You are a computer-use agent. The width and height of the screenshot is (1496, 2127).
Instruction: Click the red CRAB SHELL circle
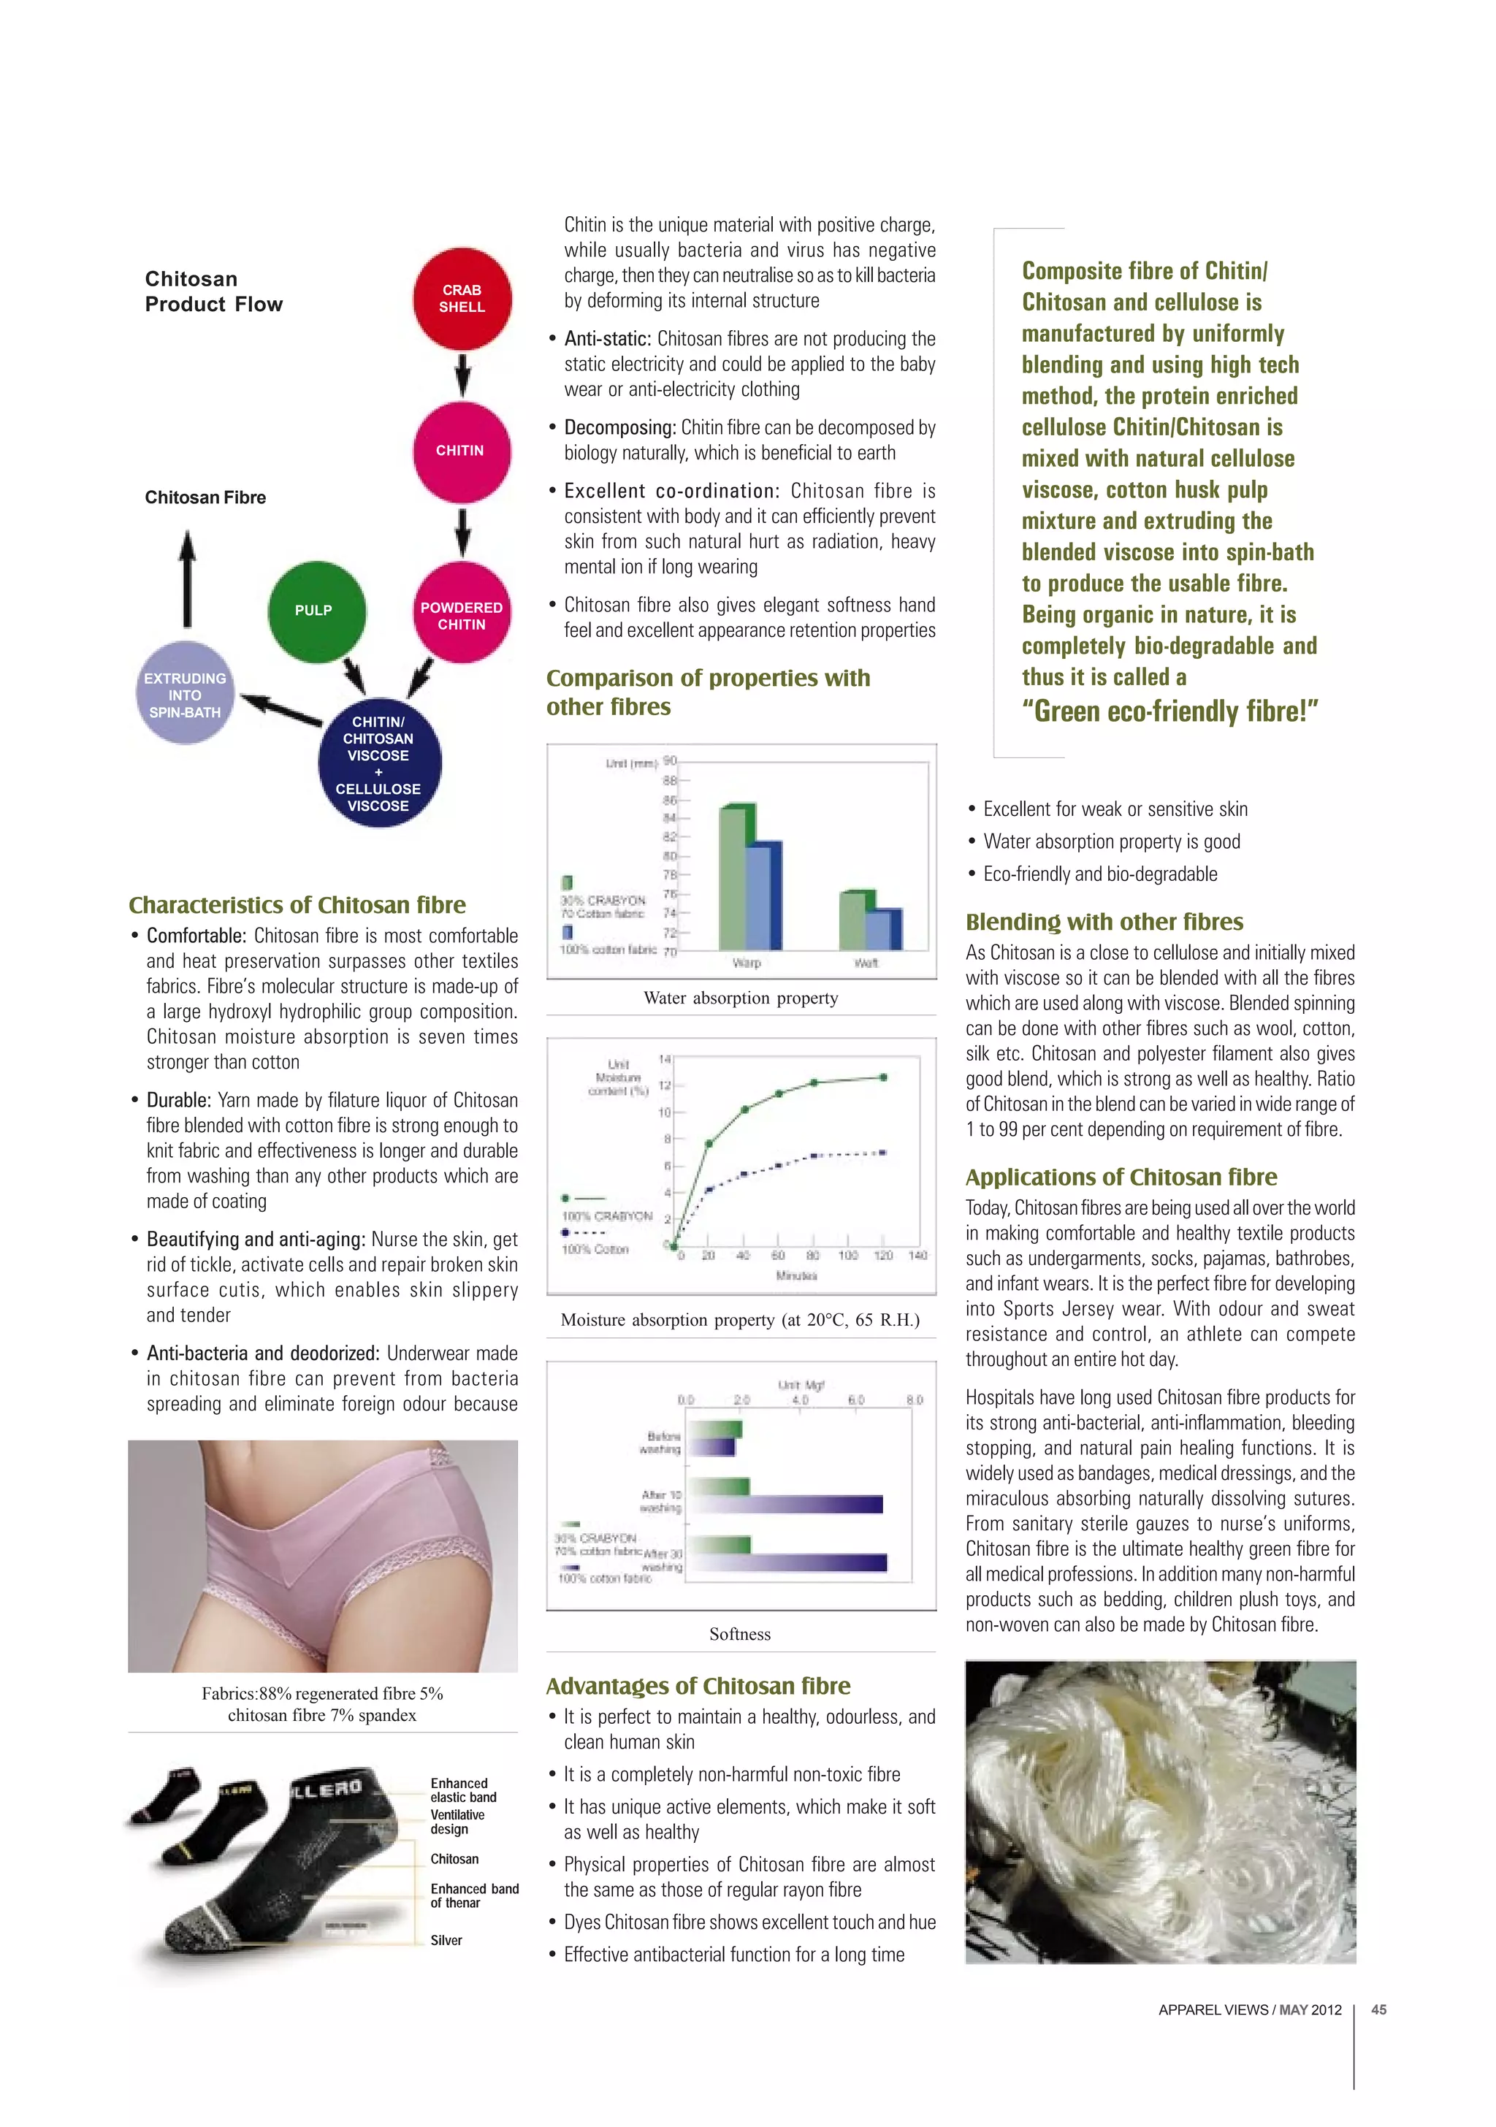tap(462, 298)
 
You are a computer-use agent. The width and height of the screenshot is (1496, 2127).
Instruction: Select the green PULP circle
tap(315, 611)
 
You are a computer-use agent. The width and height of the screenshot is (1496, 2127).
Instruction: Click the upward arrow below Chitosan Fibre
tap(187, 579)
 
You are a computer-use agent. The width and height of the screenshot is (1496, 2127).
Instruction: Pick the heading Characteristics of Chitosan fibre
tap(297, 904)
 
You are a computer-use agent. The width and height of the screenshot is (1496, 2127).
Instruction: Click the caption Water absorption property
tap(741, 998)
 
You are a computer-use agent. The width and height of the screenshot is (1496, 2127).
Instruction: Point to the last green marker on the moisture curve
tap(884, 1077)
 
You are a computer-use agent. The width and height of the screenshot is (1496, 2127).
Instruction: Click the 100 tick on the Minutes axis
tap(847, 1256)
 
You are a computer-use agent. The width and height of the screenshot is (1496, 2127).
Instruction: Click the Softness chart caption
tap(740, 1634)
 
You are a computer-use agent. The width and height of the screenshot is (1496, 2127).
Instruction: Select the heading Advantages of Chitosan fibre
tap(698, 1685)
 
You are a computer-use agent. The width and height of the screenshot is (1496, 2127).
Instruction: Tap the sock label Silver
tap(446, 1940)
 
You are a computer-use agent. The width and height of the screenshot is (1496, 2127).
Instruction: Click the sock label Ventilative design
tap(457, 1821)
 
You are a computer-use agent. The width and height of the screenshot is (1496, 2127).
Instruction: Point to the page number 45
tap(1378, 2009)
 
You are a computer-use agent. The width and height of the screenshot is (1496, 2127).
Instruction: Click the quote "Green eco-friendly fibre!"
tap(1170, 711)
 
